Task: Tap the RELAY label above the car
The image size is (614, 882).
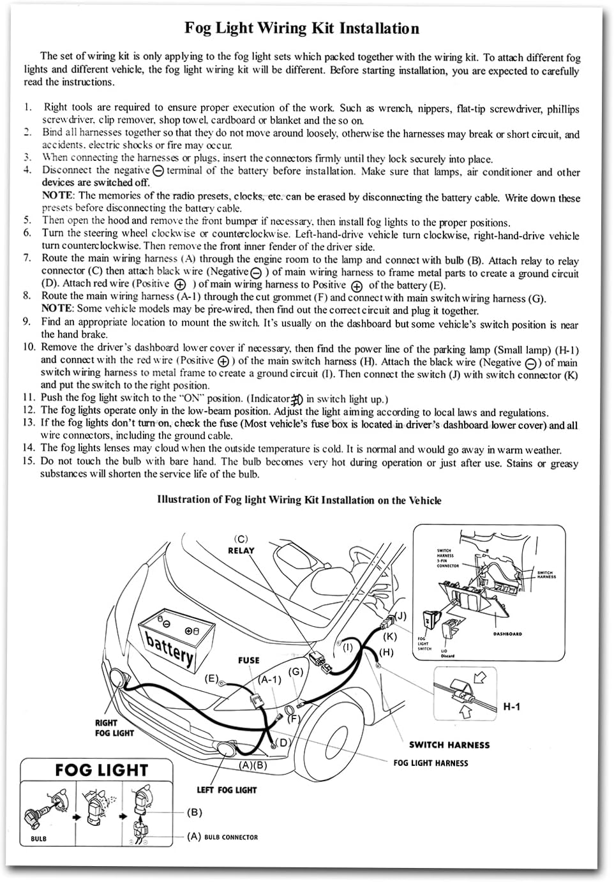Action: (x=241, y=551)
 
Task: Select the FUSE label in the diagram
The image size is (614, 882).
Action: (x=249, y=661)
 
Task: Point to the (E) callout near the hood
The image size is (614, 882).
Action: (x=212, y=678)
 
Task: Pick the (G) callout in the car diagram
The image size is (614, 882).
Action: (x=295, y=671)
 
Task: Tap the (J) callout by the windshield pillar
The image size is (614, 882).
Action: (x=400, y=617)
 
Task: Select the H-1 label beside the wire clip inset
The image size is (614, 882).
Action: (x=512, y=706)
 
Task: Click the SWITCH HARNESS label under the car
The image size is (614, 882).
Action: (x=449, y=745)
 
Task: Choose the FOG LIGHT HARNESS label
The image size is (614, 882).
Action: (x=431, y=763)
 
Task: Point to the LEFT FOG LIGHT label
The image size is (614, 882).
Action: (x=226, y=790)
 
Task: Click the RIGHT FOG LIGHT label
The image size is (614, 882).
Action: (x=114, y=728)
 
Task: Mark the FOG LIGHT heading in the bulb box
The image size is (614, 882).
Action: (x=101, y=770)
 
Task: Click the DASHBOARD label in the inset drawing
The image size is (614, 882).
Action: (x=507, y=634)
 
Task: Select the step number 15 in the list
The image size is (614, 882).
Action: (x=29, y=461)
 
